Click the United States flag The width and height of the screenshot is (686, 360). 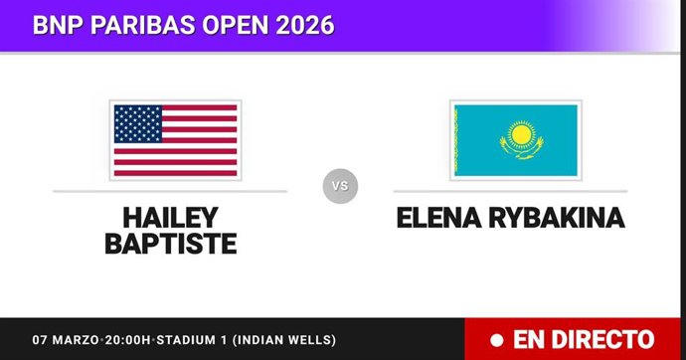tap(175, 139)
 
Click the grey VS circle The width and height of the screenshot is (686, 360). tap(339, 186)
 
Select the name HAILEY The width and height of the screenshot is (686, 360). tap(171, 217)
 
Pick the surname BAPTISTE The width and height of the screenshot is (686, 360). tap(171, 244)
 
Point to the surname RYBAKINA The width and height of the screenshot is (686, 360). tap(558, 218)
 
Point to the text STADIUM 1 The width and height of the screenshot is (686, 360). tap(200, 340)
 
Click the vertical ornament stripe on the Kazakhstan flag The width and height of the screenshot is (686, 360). tap(456, 139)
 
